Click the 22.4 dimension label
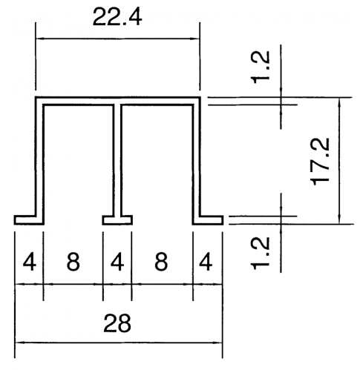point(117,17)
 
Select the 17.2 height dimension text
point(320,162)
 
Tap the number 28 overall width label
point(117,323)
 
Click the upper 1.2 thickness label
point(261,67)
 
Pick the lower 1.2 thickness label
point(261,253)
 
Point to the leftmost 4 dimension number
point(30,262)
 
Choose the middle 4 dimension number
point(117,262)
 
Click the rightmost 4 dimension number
point(206,262)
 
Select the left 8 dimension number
point(73,262)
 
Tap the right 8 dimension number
point(161,262)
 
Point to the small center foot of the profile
point(117,220)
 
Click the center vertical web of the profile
point(117,159)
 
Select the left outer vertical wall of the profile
point(39,158)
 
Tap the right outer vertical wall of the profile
point(197,158)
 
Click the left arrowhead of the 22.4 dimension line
point(39,39)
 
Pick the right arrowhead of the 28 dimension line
point(218,343)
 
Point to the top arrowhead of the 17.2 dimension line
point(340,102)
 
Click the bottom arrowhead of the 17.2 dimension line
point(340,219)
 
